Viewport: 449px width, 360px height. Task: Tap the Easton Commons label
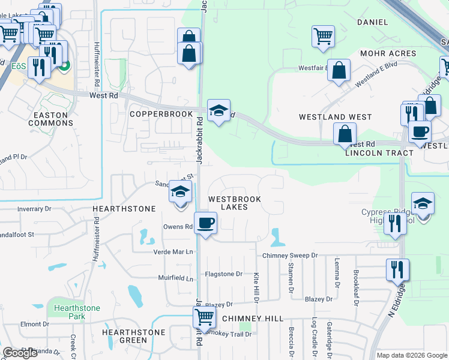pyautogui.click(x=53, y=119)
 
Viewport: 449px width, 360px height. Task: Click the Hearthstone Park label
pyautogui.click(x=77, y=312)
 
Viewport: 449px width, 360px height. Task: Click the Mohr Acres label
pyautogui.click(x=388, y=53)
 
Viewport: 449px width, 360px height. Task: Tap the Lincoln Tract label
pyautogui.click(x=379, y=153)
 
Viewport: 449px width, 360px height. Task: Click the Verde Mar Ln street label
pyautogui.click(x=174, y=252)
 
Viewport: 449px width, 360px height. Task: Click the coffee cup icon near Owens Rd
pyautogui.click(x=206, y=223)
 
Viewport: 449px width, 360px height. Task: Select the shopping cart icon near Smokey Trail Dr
pyautogui.click(x=205, y=317)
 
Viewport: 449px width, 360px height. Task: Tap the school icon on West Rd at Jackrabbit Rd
pyautogui.click(x=218, y=110)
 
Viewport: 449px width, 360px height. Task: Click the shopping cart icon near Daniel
pyautogui.click(x=323, y=36)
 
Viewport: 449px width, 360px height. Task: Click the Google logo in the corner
pyautogui.click(x=20, y=353)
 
